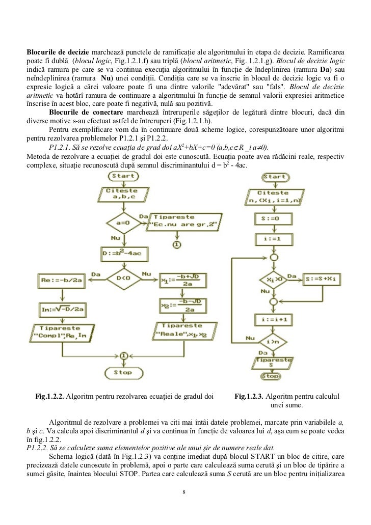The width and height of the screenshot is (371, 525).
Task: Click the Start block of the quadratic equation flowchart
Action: (122, 176)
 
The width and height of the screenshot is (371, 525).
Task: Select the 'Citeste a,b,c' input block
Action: (122, 194)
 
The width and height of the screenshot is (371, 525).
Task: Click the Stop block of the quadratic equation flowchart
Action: (122, 372)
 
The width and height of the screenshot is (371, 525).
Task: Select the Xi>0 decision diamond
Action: (274, 279)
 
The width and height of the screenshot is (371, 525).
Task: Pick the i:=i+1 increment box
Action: (274, 321)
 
